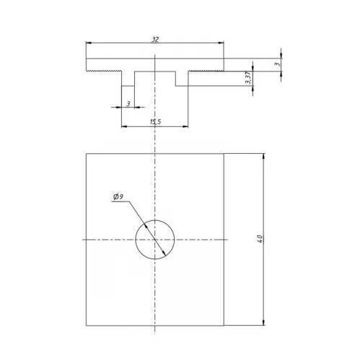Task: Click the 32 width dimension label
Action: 155,40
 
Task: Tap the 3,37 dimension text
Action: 248,77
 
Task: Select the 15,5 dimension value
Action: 155,122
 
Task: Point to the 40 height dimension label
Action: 260,238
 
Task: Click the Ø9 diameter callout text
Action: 118,197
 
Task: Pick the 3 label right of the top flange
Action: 277,64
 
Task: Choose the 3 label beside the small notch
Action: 128,104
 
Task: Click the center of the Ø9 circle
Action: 154,240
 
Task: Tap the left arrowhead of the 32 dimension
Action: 89,43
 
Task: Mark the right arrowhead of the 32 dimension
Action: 221,43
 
